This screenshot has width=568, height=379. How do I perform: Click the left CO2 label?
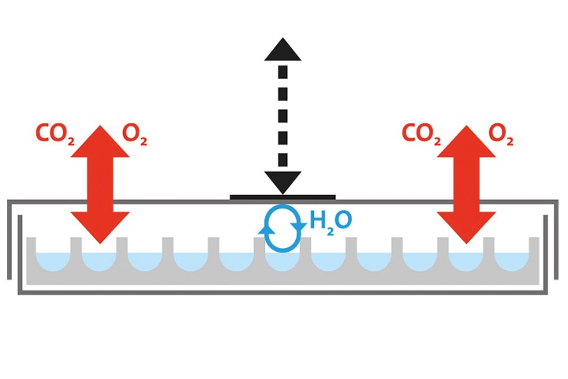point(55,133)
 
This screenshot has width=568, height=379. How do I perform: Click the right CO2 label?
point(421,133)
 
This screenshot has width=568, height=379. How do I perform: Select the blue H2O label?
point(331,221)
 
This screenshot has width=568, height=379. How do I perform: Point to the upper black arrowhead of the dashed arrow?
point(282,49)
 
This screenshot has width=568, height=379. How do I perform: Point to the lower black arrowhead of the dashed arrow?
point(282,182)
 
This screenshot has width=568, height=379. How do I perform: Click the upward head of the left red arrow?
point(100,142)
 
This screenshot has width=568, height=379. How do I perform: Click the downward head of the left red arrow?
point(100,227)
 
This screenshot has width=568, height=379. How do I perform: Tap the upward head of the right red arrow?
point(466,142)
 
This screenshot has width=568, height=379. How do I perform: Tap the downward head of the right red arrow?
point(466,227)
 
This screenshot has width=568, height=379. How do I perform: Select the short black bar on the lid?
point(282,197)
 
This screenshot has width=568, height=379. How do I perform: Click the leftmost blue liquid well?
point(54,261)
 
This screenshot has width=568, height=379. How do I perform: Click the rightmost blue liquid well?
point(511,261)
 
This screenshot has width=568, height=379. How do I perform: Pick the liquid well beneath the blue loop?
point(282,262)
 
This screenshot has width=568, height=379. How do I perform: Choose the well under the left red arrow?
point(99,262)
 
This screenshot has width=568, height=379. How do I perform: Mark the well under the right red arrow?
point(466,262)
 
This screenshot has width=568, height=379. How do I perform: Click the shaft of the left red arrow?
point(100,185)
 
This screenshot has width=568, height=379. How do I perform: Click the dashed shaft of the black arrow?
point(282,116)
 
